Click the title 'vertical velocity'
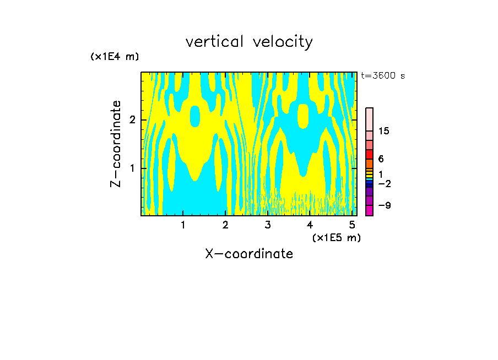tap(249, 42)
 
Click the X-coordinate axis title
tap(249, 254)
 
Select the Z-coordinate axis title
tap(116, 144)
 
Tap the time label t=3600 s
tap(383, 76)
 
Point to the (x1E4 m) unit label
tap(115, 57)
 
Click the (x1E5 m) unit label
tap(336, 237)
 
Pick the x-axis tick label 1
tap(183, 225)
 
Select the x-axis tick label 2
tap(225, 225)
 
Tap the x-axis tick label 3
tap(268, 225)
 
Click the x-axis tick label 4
tap(310, 225)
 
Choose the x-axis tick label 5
tap(352, 225)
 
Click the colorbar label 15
tap(384, 131)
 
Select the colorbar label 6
tap(381, 159)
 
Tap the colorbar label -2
tap(384, 183)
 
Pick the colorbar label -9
tap(384, 205)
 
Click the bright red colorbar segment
tap(369, 154)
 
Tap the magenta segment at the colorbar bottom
tap(369, 210)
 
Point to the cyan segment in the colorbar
tap(369, 179)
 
